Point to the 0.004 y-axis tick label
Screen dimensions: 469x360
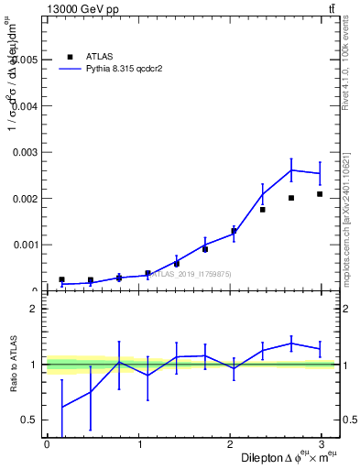22,106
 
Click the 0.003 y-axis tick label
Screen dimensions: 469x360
22,152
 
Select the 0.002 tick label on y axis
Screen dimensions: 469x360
22,199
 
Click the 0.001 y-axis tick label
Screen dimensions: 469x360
22,245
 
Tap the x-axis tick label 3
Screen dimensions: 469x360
322,444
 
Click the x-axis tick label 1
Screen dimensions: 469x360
138,444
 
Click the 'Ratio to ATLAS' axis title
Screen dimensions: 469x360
13,365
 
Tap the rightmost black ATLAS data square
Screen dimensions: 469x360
320,194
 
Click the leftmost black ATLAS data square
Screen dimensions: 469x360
61,279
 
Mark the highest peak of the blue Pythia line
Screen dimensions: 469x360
291,169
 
